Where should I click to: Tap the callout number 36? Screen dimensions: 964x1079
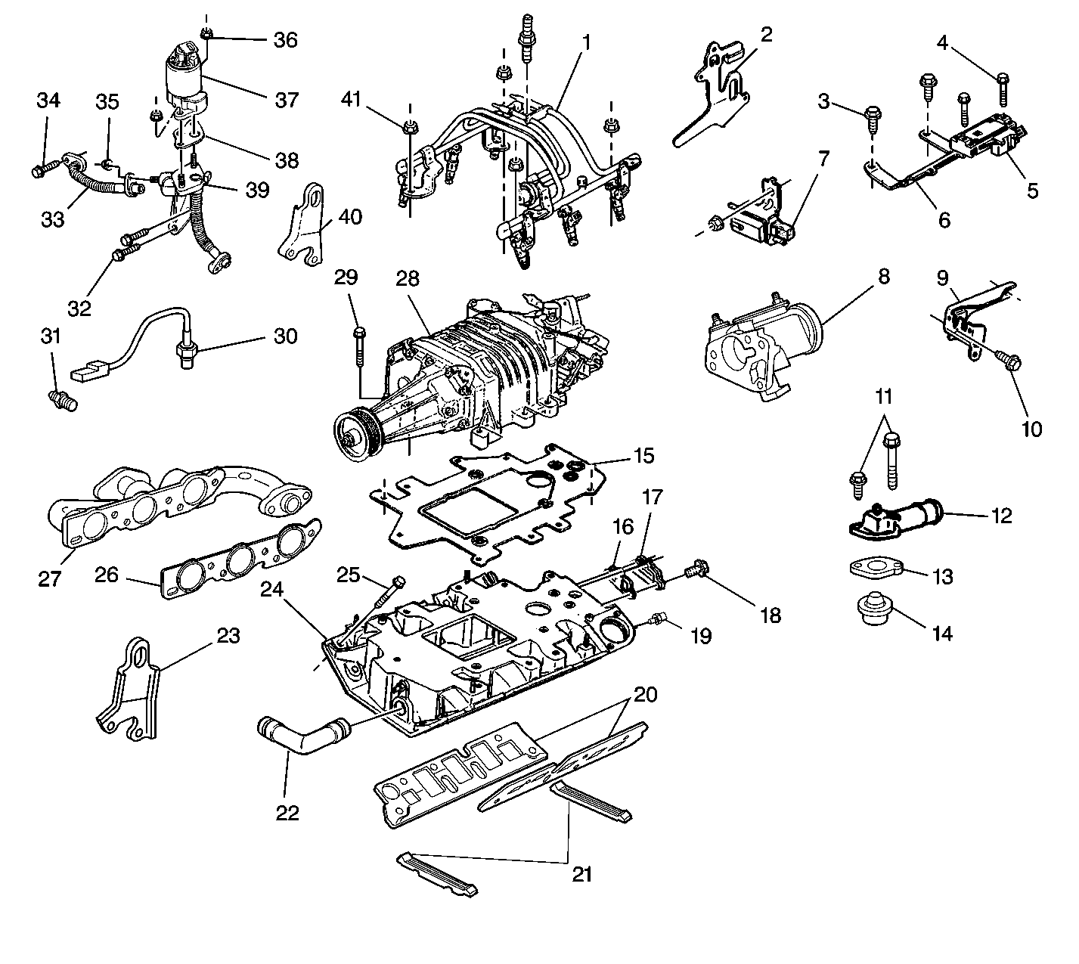[285, 39]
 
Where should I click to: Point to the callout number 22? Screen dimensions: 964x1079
[288, 813]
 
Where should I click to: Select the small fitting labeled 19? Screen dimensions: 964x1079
[659, 620]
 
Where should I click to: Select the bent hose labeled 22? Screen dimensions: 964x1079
[302, 736]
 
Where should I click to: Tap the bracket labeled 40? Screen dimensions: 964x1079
[305, 223]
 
